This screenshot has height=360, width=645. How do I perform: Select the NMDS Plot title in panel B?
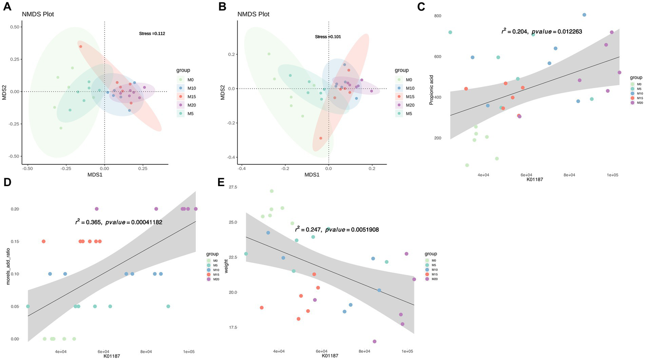(x=253, y=14)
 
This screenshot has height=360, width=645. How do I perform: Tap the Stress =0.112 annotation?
(x=152, y=34)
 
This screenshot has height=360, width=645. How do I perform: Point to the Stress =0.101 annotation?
(x=328, y=37)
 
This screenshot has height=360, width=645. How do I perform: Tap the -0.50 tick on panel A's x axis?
(x=27, y=168)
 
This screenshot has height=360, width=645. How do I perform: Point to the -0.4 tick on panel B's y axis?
(x=231, y=157)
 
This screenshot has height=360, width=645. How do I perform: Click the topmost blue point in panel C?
(x=584, y=15)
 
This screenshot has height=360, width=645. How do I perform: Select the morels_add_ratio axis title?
(x=8, y=267)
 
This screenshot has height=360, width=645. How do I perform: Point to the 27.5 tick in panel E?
(x=233, y=187)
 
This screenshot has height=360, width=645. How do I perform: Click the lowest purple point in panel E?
(x=374, y=342)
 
